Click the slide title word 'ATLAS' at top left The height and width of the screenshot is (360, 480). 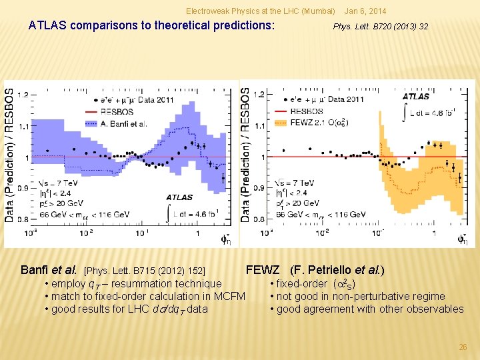click(x=48, y=26)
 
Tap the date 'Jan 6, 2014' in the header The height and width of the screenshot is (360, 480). click(x=366, y=11)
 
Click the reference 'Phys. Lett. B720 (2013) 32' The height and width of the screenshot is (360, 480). click(x=381, y=27)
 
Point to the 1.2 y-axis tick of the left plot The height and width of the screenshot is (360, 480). click(x=22, y=95)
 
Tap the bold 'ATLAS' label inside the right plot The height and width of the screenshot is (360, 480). click(x=415, y=97)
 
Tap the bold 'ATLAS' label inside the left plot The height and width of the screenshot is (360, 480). click(x=179, y=197)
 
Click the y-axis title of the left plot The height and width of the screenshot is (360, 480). click(x=9, y=155)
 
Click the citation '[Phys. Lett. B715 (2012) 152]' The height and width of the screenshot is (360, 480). click(x=144, y=271)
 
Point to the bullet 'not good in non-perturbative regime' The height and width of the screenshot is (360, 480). click(x=361, y=296)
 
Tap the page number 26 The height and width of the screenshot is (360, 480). click(x=463, y=347)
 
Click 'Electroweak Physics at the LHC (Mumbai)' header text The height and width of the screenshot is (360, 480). click(x=260, y=11)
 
